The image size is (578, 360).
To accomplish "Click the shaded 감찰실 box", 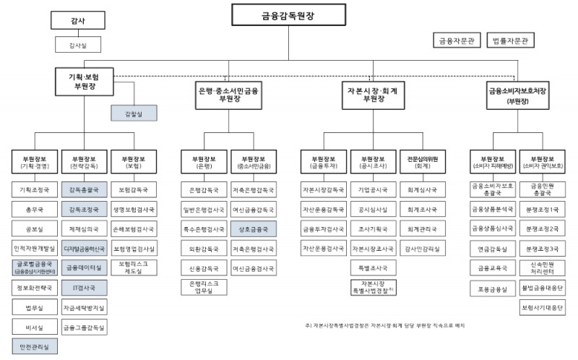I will [x=134, y=113].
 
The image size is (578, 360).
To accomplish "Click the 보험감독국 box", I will [x=134, y=190].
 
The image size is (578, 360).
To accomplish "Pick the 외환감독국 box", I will [x=204, y=249].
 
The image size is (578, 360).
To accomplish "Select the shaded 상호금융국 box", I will [x=254, y=229].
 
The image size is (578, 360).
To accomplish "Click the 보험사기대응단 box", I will [x=543, y=307].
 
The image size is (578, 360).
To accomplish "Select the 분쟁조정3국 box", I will [x=543, y=249].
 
